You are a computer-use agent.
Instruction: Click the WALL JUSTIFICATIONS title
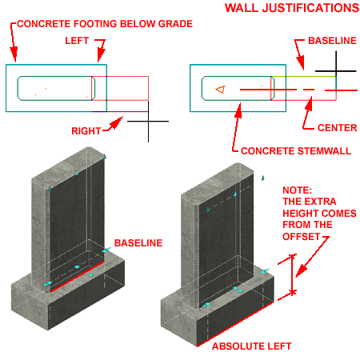coord(291,9)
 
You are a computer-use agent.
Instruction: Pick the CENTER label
coord(333,127)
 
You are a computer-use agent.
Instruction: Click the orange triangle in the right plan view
coord(221,89)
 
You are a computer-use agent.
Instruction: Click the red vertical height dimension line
coord(293,275)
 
